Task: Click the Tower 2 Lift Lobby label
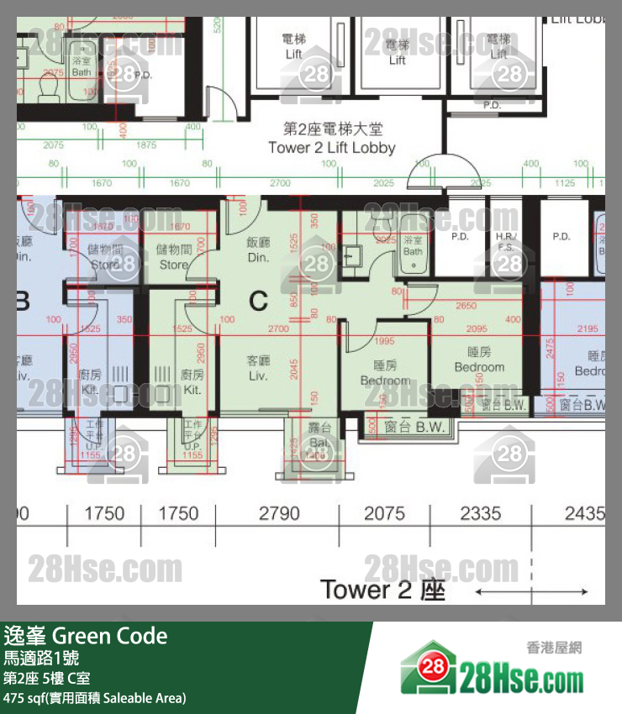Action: coord(331,139)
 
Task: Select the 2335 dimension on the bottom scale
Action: coord(481,513)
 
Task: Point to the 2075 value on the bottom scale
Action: coord(384,513)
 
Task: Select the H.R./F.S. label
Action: coord(505,242)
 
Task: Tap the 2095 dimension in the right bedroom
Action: coord(476,328)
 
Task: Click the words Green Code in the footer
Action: coord(110,636)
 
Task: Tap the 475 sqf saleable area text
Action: coord(94,698)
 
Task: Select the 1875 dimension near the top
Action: coord(146,145)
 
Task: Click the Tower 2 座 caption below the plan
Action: coord(382,590)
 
